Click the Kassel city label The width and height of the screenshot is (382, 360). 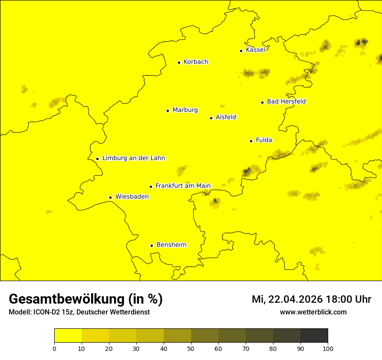coord(255,50)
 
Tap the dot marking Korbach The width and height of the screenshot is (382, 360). coord(179,62)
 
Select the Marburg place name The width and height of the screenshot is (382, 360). coord(185,110)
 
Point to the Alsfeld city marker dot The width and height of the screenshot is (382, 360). coord(211,118)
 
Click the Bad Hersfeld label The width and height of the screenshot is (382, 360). coord(286,101)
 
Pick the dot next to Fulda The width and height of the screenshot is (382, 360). coord(251,141)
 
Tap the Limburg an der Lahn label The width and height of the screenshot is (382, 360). coord(133,158)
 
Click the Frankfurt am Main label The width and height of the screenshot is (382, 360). coord(183,186)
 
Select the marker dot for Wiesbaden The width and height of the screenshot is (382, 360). coord(111,198)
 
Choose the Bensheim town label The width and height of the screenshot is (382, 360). coord(171,245)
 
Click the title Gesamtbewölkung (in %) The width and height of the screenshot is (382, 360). coord(86,299)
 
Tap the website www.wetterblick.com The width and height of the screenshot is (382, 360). coord(313,312)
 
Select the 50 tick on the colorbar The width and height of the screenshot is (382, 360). coord(191,348)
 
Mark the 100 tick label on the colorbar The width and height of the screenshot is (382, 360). coord(328,348)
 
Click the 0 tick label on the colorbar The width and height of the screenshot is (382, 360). coord(54,348)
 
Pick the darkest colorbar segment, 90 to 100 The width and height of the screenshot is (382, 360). coord(314,336)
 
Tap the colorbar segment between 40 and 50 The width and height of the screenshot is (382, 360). coord(177,336)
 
